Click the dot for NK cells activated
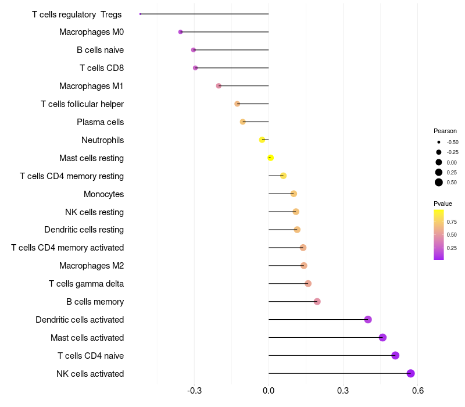(x=410, y=373)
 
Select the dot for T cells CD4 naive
(x=395, y=355)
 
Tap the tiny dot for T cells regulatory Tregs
(x=140, y=14)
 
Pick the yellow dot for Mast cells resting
(x=270, y=158)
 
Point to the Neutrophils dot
(x=262, y=140)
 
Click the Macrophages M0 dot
(x=180, y=32)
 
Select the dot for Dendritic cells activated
(x=368, y=319)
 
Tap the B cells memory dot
(x=317, y=302)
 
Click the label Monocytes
(x=104, y=194)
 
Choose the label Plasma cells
(x=100, y=122)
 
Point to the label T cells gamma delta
(x=86, y=284)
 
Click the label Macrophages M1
(x=91, y=86)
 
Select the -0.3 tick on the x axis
(x=194, y=390)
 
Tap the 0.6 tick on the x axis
(x=418, y=390)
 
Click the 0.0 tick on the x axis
(x=269, y=390)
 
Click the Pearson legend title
(x=445, y=131)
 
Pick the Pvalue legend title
(x=443, y=204)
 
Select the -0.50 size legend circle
(x=439, y=142)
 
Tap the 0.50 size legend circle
(x=439, y=183)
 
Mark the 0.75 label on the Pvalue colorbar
(x=452, y=222)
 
